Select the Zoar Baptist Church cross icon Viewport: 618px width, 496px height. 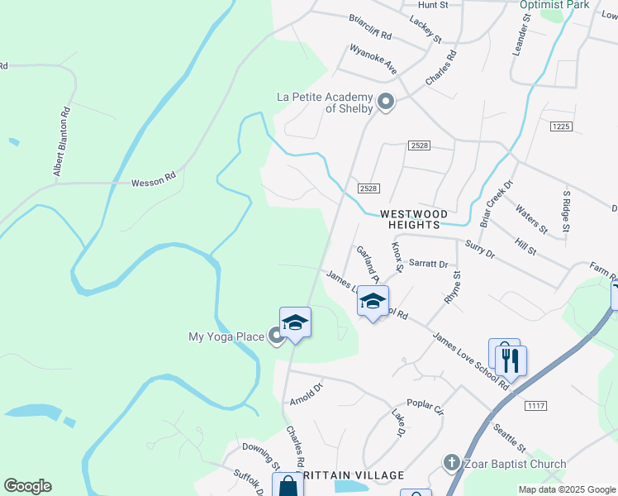pyautogui.click(x=451, y=464)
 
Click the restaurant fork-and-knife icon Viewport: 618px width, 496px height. pyautogui.click(x=511, y=360)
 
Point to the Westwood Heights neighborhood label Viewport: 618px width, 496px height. pyautogui.click(x=409, y=219)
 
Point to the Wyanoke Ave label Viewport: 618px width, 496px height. pyautogui.click(x=373, y=60)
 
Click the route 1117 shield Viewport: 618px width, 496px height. pyautogui.click(x=535, y=404)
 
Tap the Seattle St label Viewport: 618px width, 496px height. pyautogui.click(x=509, y=436)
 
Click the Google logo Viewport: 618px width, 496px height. pyautogui.click(x=27, y=487)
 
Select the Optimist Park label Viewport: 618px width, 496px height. pyautogui.click(x=554, y=5)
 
